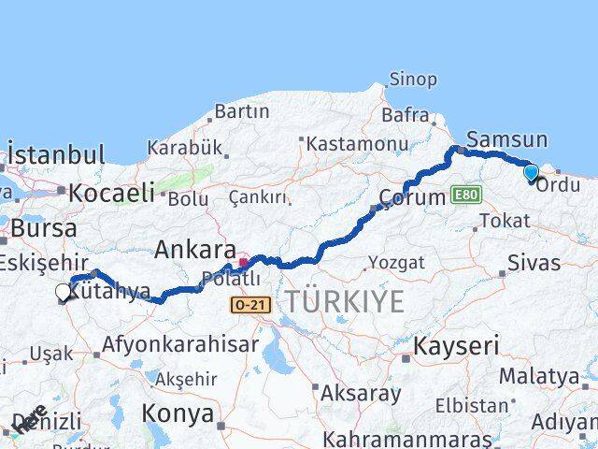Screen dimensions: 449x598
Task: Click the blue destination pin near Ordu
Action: pyautogui.click(x=531, y=172)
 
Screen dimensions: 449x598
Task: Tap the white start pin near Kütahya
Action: pyautogui.click(x=63, y=293)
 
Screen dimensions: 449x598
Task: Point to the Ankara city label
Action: pyautogui.click(x=194, y=250)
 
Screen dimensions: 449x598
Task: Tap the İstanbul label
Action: pyautogui.click(x=56, y=154)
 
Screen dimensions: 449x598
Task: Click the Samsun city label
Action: pyautogui.click(x=506, y=139)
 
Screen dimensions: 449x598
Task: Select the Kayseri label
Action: pyautogui.click(x=457, y=345)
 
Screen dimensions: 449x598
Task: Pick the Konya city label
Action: pyautogui.click(x=178, y=413)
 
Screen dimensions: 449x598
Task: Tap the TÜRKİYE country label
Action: pyautogui.click(x=345, y=301)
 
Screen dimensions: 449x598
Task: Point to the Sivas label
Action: pyautogui.click(x=534, y=261)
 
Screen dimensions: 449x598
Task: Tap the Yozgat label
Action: pyautogui.click(x=395, y=261)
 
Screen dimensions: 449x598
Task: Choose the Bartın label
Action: pyautogui.click(x=241, y=112)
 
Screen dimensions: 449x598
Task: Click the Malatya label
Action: pyautogui.click(x=538, y=376)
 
